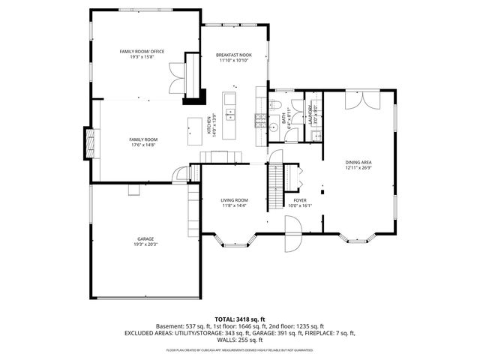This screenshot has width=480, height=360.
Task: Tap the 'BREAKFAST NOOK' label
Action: click(x=234, y=55)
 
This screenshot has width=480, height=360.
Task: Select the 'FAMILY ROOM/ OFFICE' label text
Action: click(x=142, y=51)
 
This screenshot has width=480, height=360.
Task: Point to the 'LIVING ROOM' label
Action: click(x=234, y=200)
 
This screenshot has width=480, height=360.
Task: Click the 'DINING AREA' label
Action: click(x=358, y=162)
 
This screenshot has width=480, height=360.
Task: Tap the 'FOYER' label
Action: click(x=300, y=200)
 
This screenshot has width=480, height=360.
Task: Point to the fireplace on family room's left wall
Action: click(x=90, y=142)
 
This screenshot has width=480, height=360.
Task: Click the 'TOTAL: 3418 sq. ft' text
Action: click(x=239, y=319)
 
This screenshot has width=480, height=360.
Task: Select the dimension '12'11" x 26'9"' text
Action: click(x=358, y=168)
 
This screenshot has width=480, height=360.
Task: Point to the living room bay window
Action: click(x=235, y=241)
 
